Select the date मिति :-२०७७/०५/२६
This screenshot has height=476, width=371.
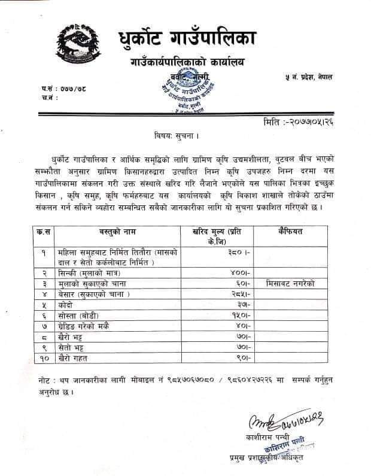pos(305,123)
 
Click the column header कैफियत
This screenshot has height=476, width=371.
pos(291,231)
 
